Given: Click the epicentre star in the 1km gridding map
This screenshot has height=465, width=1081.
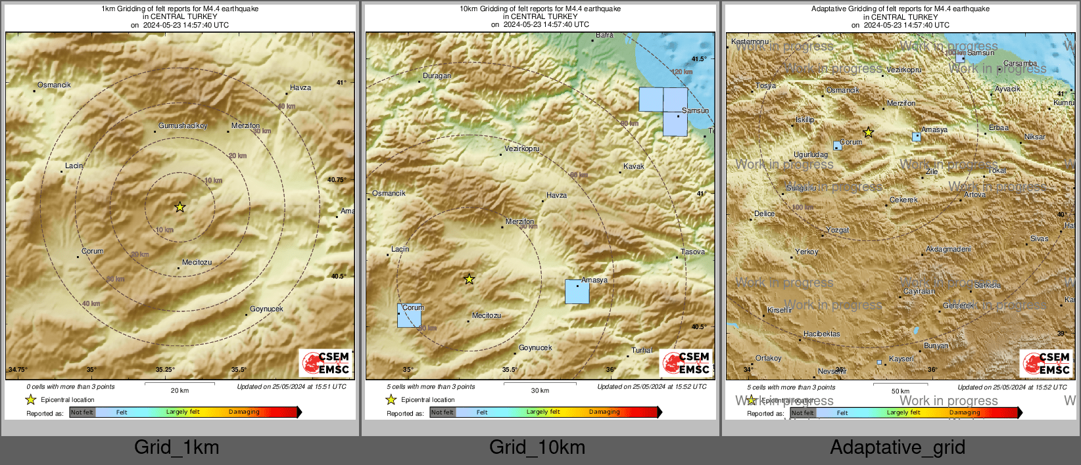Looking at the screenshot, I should (180, 207).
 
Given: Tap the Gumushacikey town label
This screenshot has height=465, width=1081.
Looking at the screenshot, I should (183, 125).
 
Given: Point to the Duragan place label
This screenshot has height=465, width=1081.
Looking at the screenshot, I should (437, 76).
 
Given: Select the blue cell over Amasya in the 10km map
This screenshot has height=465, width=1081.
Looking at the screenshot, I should (577, 292).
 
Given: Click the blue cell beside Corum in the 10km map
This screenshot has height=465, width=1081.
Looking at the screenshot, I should (409, 315).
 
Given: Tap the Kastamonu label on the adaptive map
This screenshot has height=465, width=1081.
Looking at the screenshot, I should (750, 41).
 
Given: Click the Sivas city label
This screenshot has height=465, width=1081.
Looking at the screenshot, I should (1039, 238).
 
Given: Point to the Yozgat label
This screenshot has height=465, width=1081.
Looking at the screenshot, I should (837, 231).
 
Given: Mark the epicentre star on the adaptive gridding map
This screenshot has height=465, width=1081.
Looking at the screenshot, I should (868, 133).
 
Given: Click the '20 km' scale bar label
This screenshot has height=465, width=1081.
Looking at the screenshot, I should (180, 391).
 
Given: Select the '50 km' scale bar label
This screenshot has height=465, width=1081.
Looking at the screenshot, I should (900, 391).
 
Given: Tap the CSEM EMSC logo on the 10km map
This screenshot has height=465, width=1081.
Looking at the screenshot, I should (686, 363).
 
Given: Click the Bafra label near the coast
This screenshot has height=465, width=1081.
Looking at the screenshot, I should (604, 35).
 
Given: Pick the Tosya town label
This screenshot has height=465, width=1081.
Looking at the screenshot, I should (765, 86).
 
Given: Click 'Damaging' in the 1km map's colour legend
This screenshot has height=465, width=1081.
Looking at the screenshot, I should (244, 412).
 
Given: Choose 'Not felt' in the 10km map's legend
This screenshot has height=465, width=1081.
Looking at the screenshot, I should (443, 412).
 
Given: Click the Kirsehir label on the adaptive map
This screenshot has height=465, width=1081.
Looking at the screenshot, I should (779, 310).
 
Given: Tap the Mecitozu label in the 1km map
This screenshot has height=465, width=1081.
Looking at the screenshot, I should (197, 262).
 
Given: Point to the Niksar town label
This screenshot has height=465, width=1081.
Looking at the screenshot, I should (1034, 137).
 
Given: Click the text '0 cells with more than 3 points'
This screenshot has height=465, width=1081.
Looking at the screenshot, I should (70, 387).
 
